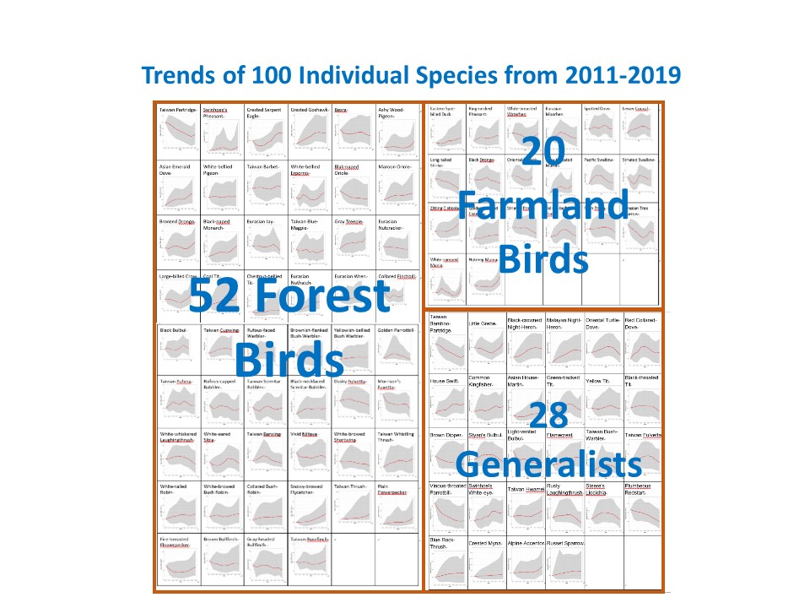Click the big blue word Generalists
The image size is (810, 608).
[548, 464]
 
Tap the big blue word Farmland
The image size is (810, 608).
[543, 206]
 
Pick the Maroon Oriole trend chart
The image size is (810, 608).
[397, 193]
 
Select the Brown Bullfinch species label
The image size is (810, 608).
[222, 539]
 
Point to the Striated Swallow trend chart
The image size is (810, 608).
[644, 178]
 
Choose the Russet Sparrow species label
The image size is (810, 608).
[564, 543]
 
